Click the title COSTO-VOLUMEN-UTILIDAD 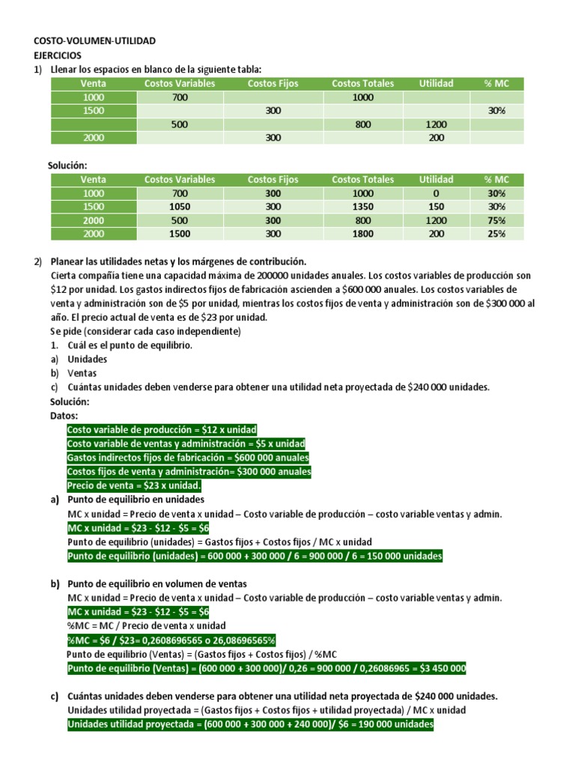[x=95, y=41]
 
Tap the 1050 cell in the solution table [x=179, y=207]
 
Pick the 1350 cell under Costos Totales [x=362, y=207]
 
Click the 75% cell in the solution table [x=496, y=220]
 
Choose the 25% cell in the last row [x=496, y=234]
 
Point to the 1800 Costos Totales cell [x=362, y=234]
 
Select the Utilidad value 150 [x=436, y=207]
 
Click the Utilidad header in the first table [x=436, y=83]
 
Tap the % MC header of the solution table [x=496, y=180]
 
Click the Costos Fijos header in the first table [x=273, y=83]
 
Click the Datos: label [x=64, y=415]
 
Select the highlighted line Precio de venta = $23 [x=124, y=485]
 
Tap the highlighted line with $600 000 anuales [x=188, y=458]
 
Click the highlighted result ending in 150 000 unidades [x=255, y=556]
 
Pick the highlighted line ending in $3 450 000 [x=267, y=668]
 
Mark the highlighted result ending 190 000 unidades [x=250, y=724]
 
